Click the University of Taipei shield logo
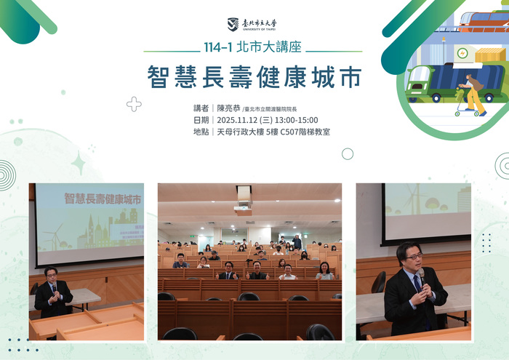[233, 25]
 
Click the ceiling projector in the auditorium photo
[243, 206]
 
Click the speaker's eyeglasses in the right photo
[412, 257]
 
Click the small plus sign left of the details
[134, 104]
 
